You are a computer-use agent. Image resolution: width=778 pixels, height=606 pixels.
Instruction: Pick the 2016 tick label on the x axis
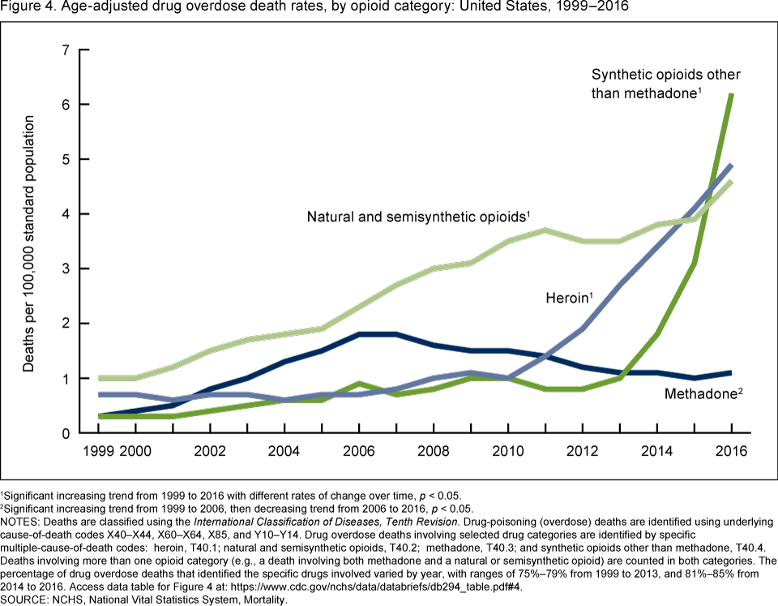click(x=732, y=451)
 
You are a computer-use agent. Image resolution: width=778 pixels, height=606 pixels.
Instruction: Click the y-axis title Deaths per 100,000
click(x=29, y=243)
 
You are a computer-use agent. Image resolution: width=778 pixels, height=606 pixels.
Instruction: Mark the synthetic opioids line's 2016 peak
click(x=732, y=95)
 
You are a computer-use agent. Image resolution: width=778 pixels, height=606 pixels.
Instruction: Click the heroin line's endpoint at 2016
click(x=732, y=165)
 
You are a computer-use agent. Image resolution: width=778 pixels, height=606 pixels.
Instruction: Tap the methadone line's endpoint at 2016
click(x=732, y=373)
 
